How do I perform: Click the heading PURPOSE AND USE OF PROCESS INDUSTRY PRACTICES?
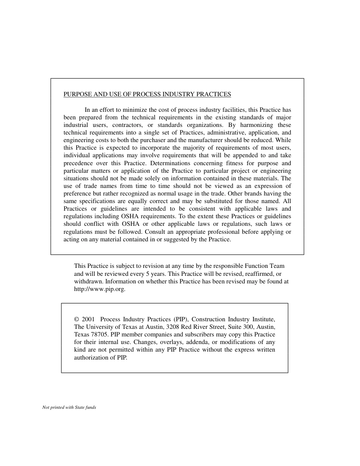pos(147,94)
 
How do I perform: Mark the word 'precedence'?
pos(78,163)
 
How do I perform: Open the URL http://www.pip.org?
pos(99,289)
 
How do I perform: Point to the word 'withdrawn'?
pos(88,281)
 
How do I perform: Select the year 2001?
pos(88,319)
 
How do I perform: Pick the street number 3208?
pos(173,327)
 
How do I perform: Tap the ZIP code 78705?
pos(100,335)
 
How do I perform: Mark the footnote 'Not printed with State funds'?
pos(69,408)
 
